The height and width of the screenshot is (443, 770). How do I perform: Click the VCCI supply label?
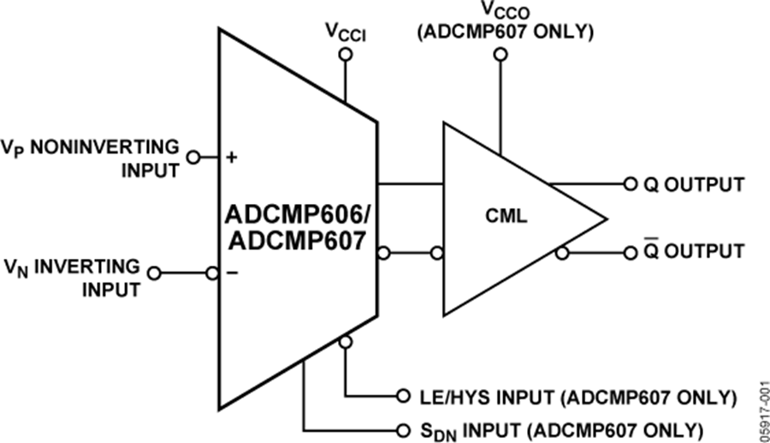click(344, 33)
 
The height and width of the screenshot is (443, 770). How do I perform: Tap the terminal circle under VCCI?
click(345, 54)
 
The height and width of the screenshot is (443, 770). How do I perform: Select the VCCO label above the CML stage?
click(499, 11)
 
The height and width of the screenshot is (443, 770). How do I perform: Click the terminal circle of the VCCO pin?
click(500, 54)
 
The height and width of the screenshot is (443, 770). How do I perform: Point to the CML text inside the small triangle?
click(505, 218)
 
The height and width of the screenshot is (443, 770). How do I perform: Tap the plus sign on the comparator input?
click(231, 157)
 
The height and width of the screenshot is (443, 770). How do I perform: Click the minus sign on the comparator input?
click(231, 273)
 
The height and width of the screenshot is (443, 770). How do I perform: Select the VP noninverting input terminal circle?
click(193, 157)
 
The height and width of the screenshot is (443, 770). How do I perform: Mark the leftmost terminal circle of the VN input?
click(154, 273)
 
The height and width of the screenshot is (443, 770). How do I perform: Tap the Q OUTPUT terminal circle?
click(631, 183)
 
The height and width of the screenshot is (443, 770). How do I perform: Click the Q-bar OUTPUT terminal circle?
click(631, 253)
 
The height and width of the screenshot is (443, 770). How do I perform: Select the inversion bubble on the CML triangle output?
click(561, 253)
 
